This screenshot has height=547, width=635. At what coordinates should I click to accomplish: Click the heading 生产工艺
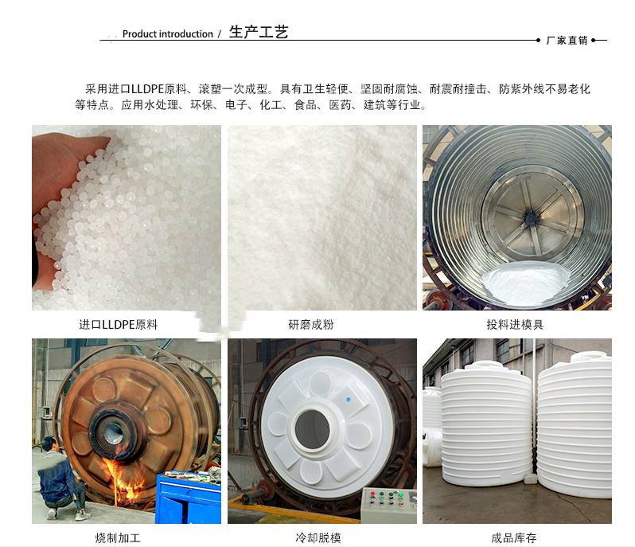[259, 32]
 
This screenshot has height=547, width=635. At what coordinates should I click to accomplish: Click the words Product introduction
[168, 34]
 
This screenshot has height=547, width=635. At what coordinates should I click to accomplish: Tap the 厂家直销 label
[567, 41]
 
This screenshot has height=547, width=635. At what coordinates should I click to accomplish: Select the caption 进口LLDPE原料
[119, 325]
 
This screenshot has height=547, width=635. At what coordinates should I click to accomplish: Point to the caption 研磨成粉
[311, 325]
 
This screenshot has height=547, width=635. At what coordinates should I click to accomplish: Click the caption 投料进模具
[515, 325]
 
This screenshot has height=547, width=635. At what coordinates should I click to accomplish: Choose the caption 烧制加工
[118, 538]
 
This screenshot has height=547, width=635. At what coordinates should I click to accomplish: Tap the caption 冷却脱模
[318, 538]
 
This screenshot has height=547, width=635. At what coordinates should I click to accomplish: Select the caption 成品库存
[514, 538]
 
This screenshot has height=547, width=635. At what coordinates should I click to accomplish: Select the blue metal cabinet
[189, 497]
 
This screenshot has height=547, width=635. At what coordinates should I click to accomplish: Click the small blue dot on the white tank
[349, 400]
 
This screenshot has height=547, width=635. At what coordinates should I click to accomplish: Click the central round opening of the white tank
[311, 429]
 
